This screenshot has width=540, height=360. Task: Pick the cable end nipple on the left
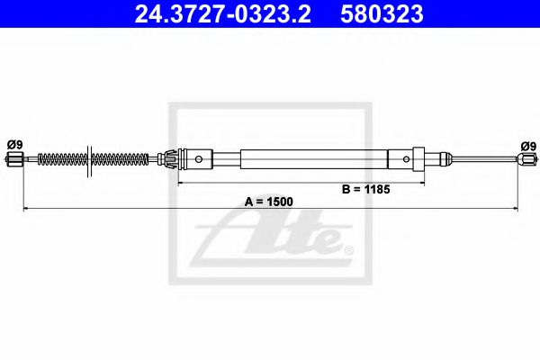coord(13,161)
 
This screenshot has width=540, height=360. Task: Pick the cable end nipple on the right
coord(526,161)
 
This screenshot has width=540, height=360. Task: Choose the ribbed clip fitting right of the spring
coord(168,160)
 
